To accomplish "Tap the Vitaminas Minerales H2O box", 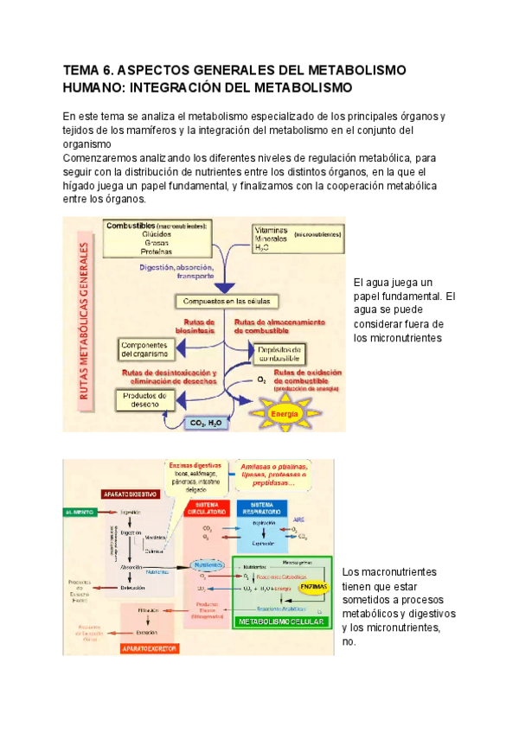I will pyautogui.click(x=297, y=238).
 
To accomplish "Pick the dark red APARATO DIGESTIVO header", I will pyautogui.click(x=130, y=495).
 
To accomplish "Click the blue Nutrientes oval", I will pyautogui.click(x=206, y=564).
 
